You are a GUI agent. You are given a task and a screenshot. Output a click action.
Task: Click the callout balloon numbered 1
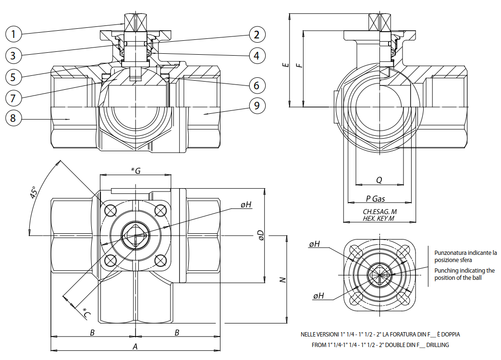(14, 34)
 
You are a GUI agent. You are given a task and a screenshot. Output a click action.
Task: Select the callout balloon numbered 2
(257, 34)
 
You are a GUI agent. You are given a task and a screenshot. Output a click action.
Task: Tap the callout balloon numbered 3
(14, 55)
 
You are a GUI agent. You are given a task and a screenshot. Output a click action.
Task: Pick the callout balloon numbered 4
(257, 55)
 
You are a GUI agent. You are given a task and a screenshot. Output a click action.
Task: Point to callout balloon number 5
(14, 76)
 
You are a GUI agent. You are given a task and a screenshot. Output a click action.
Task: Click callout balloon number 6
(257, 85)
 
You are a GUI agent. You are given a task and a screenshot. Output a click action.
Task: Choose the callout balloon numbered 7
(14, 97)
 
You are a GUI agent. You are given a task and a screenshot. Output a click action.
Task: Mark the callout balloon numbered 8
(14, 118)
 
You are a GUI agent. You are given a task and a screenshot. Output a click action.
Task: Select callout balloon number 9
(257, 106)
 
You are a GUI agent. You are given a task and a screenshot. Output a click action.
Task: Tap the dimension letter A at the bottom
(135, 346)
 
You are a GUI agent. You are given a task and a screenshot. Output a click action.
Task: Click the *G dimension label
(135, 171)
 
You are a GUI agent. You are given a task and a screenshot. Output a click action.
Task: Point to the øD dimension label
(260, 235)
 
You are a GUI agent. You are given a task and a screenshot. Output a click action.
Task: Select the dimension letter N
(283, 279)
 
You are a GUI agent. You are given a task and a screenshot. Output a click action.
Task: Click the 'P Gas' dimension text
(375, 198)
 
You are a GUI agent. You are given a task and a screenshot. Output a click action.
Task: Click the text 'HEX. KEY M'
(379, 218)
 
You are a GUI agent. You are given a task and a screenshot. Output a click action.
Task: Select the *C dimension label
(86, 313)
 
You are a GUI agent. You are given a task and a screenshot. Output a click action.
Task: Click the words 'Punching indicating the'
(464, 271)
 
